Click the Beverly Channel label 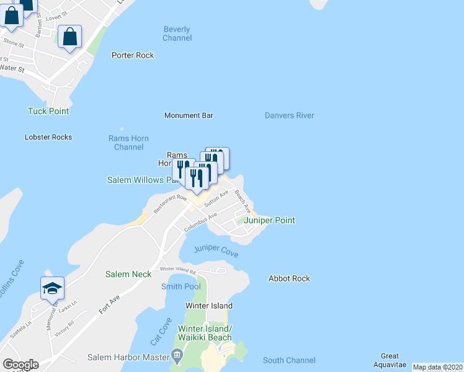coord(177,33)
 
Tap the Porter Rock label coord(133,55)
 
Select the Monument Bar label coord(189,115)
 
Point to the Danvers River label coord(289,115)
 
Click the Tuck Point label coord(48,111)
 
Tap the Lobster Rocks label coord(48,137)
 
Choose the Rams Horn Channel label coord(128,143)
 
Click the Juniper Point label coord(269,220)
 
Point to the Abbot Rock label coord(289,278)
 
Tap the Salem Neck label coord(128,274)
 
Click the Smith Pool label coord(181,286)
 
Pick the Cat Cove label coord(160,332)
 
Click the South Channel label coord(289,360)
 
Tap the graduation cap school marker coord(53,287)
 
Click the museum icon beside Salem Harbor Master coord(177,356)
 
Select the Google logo coord(20,365)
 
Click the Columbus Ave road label coord(200,223)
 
